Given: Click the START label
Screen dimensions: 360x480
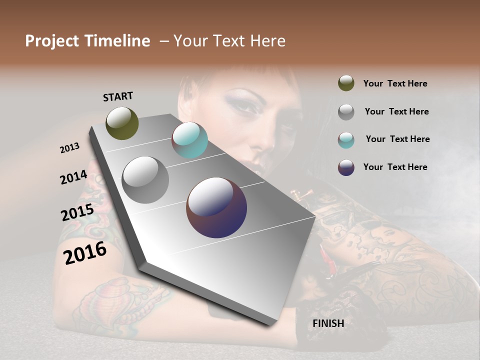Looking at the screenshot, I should pos(118,96).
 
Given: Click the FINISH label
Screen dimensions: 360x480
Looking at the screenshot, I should pos(328,323).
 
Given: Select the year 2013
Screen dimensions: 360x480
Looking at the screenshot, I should pos(69,148).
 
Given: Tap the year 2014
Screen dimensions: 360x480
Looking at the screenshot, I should pos(73,177).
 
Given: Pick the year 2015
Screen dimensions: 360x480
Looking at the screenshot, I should pos(77,213).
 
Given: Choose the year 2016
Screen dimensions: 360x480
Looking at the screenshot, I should pos(85,253).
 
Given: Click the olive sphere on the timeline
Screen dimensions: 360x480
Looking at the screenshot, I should pos(122,123).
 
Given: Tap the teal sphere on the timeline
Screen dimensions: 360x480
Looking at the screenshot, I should pos(189,140).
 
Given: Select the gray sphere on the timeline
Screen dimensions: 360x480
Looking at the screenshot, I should pos(145,179).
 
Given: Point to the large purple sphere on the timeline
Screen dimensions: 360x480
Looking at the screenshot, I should pos(216,207).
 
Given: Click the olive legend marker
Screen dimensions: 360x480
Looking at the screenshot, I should pos(346,83).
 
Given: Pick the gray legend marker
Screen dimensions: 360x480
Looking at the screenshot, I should pos(346,111).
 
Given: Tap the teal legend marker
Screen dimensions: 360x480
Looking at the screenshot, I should pos(346,139).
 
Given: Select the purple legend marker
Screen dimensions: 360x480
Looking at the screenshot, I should pos(346,167).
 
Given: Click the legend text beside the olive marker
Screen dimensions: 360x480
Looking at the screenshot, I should pos(395,83).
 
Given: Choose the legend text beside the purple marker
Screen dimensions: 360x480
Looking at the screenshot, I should pos(395,167).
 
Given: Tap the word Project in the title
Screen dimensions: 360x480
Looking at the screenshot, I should pos(51,41).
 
